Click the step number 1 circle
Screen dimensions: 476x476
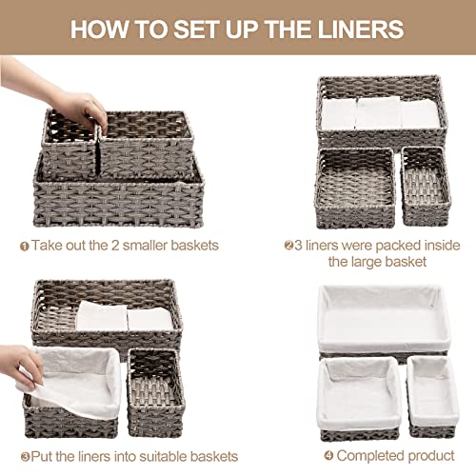(x=25, y=247)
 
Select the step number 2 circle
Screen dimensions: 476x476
(x=288, y=245)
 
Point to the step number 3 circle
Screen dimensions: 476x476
(x=26, y=457)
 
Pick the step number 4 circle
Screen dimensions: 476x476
(x=328, y=456)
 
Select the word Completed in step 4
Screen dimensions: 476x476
(x=370, y=456)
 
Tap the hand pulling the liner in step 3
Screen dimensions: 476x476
(x=21, y=367)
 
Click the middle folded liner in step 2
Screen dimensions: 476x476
(x=379, y=112)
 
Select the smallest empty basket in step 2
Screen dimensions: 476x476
(x=426, y=186)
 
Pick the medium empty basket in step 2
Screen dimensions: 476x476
(x=356, y=188)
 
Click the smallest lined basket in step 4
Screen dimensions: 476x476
(x=432, y=397)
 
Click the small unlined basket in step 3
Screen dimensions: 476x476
(x=156, y=392)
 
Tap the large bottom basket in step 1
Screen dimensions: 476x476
(x=118, y=198)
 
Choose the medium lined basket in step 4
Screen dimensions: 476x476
(x=359, y=399)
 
